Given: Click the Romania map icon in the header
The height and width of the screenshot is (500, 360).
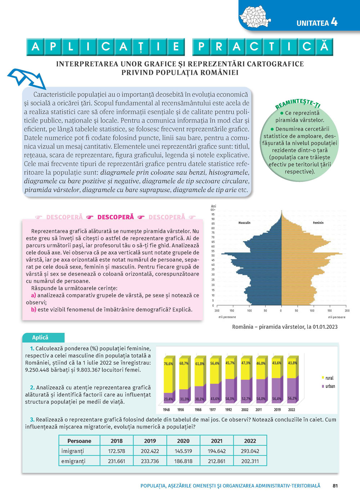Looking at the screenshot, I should [x=255, y=17].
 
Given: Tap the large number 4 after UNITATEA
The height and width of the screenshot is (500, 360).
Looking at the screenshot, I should [x=334, y=22].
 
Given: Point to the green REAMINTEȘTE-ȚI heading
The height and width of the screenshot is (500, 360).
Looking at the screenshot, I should [x=298, y=104].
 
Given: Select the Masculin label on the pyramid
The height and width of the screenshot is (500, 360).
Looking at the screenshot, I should [x=244, y=223].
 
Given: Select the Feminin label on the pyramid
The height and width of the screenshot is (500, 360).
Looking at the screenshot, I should [x=318, y=223].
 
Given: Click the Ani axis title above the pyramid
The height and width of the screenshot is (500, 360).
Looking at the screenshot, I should [x=213, y=206].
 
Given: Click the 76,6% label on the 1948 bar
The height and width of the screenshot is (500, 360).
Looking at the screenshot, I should [x=168, y=364].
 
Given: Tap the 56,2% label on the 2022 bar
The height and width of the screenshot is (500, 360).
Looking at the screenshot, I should [x=292, y=398].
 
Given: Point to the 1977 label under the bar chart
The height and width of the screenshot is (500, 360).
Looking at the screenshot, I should [x=213, y=410].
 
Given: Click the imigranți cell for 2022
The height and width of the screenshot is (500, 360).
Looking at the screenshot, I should [x=250, y=451].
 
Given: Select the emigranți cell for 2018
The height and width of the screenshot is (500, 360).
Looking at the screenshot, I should [x=117, y=461].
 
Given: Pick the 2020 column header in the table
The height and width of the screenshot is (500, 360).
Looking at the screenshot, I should [x=183, y=441].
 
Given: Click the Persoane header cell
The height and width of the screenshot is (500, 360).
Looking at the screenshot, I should [x=79, y=441].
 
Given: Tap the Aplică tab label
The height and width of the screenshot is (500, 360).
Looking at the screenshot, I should [x=40, y=337].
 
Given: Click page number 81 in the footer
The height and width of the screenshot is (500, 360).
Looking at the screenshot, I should [x=335, y=486].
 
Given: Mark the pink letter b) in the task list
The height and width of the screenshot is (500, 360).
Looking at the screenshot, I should [x=33, y=309].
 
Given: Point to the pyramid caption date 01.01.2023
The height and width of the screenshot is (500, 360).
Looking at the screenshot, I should [x=325, y=327].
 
